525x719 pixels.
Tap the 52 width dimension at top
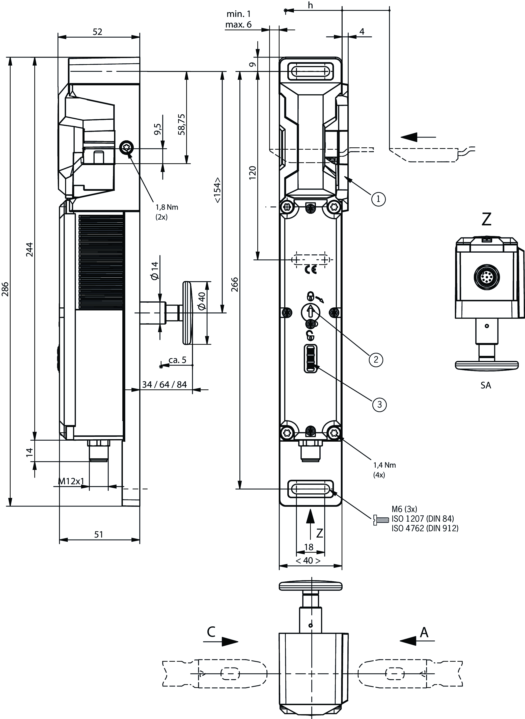(98, 32)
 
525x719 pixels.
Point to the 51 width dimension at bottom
(99, 534)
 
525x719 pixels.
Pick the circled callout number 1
(378, 199)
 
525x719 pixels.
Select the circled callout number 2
(376, 359)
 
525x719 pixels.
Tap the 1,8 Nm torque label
(167, 207)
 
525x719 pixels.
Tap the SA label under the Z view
(486, 385)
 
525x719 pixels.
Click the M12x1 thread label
(71, 481)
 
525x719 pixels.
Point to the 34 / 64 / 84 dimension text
(164, 385)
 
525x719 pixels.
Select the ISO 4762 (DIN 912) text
(425, 528)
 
